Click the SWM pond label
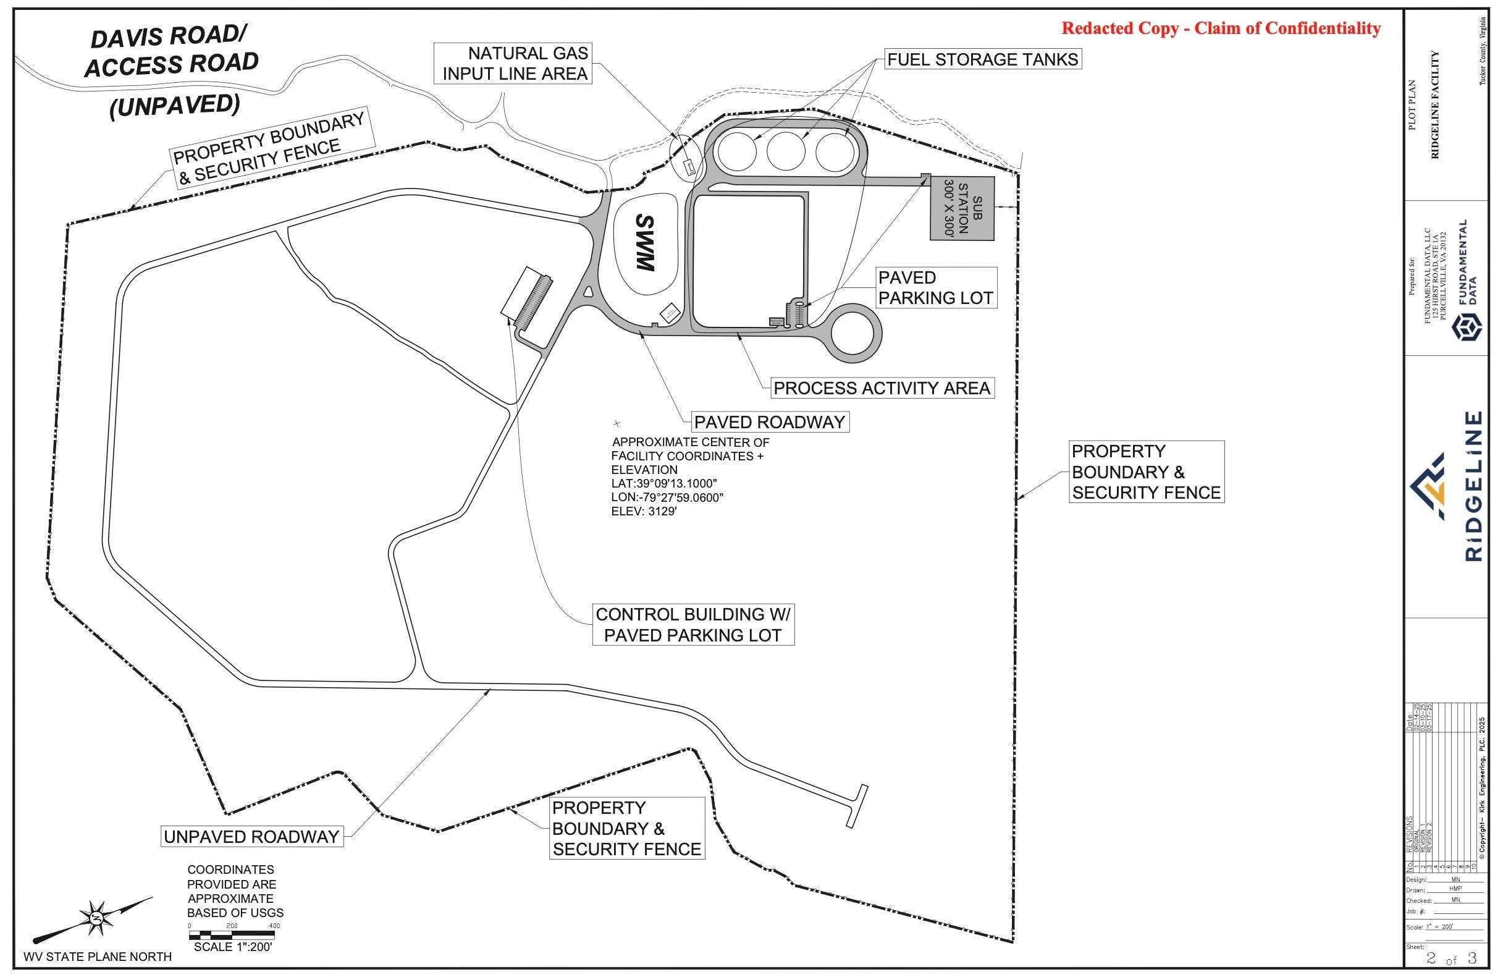644,243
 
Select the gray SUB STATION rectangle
961,208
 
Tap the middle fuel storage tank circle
786,151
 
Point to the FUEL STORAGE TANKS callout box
983,59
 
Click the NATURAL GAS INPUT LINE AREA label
514,63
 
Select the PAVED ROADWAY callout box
769,422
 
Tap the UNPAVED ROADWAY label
251,837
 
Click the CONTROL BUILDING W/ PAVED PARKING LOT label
693,625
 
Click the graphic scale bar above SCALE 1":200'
232,933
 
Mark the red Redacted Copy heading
1221,28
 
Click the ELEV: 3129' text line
644,512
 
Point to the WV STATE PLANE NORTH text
97,957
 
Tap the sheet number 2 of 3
1451,958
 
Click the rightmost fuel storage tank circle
835,151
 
